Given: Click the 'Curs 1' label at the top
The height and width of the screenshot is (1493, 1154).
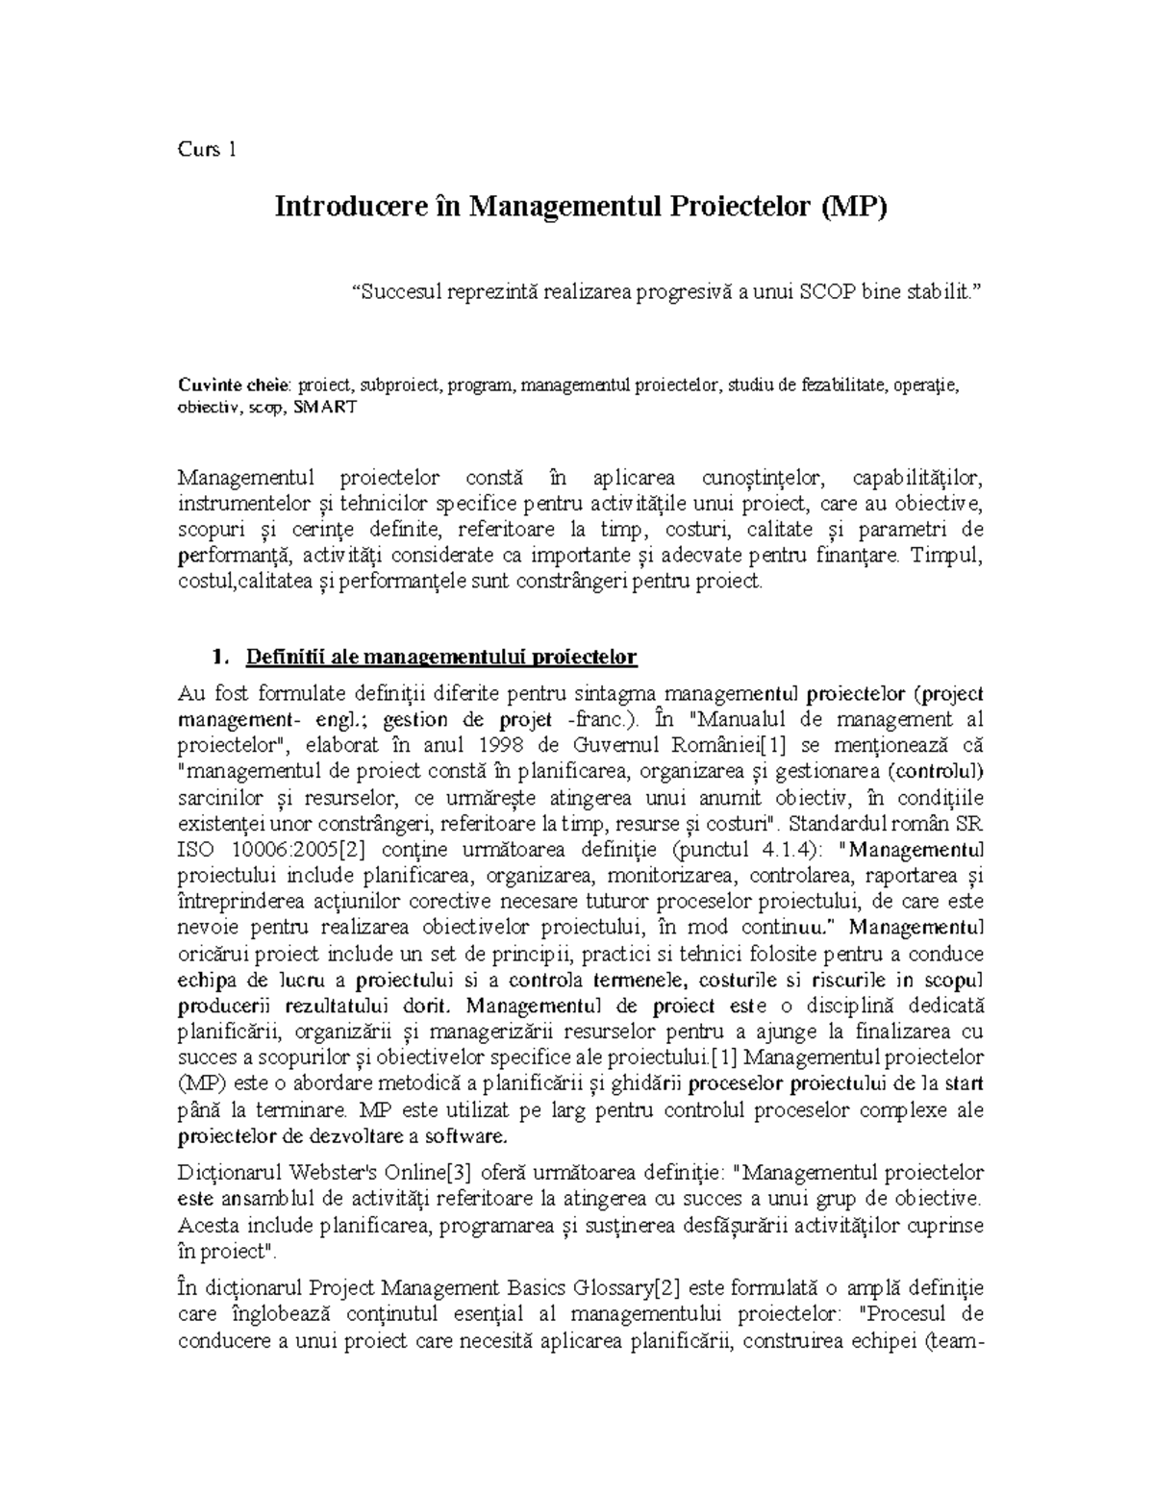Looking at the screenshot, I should (207, 149).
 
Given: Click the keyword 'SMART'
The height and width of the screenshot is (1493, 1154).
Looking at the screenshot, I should (324, 408).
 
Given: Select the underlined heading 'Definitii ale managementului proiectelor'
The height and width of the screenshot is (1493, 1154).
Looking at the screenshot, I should (441, 658).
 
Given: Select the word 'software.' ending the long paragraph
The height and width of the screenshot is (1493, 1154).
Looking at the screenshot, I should (466, 1136).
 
